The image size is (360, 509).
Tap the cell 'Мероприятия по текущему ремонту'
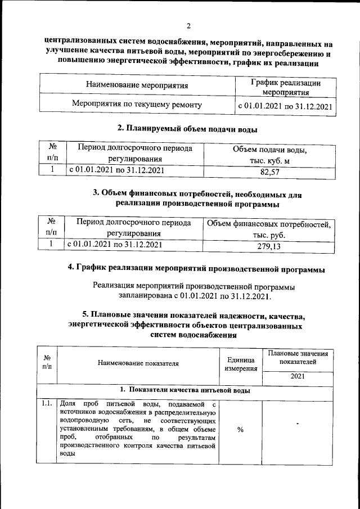coord(137,105)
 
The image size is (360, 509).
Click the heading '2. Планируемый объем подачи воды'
coord(187,129)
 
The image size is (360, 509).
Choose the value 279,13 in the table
coord(269,246)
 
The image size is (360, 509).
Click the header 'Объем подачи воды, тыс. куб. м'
coord(269,155)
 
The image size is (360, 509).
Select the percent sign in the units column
coord(240,430)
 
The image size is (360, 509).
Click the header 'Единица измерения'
coord(240,364)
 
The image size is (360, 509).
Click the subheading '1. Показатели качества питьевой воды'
coord(185,390)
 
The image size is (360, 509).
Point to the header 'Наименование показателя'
coord(138,363)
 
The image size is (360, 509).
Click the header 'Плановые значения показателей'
coord(298,358)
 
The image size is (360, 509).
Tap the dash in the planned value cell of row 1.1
coord(297,422)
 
